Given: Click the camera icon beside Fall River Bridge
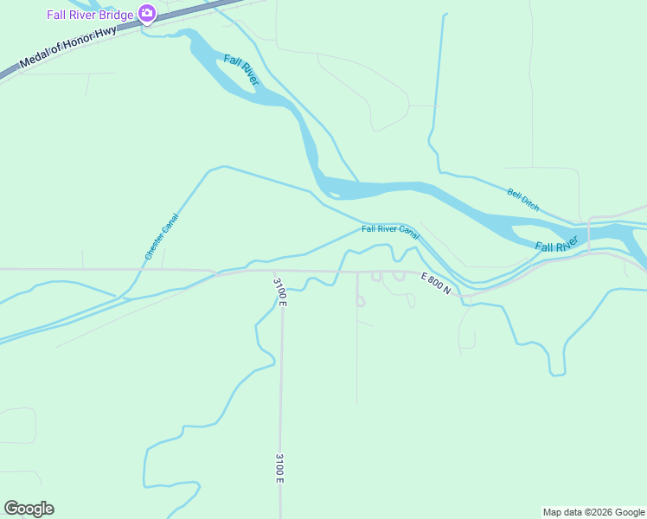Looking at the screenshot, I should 147,14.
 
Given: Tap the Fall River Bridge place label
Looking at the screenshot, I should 90,15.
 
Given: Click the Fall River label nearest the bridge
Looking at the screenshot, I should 241,70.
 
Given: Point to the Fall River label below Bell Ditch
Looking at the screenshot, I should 555,247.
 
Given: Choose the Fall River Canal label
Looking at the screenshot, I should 390,231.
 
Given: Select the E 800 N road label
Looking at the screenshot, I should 436,283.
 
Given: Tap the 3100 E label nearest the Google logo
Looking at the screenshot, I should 280,468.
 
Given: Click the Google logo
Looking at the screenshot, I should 29,509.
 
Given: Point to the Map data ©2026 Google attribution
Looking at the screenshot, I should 593,512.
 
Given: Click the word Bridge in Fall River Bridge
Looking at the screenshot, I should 115,15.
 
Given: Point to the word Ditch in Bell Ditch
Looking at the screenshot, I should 531,205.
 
